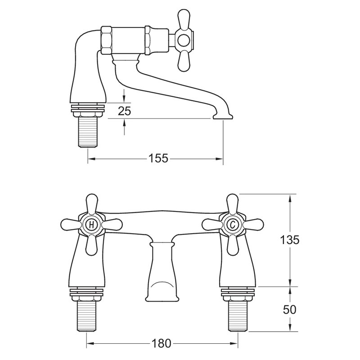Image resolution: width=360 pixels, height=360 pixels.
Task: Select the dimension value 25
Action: pos(125,111)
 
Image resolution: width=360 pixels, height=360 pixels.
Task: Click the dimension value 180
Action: pos(161,344)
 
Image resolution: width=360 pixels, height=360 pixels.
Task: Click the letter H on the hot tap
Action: pos(91,224)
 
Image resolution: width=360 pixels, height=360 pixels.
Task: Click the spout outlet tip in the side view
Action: pos(222,118)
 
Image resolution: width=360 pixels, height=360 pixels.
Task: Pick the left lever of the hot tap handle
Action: pos(70,224)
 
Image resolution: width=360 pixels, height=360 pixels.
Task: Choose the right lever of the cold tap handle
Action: pos(254,224)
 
